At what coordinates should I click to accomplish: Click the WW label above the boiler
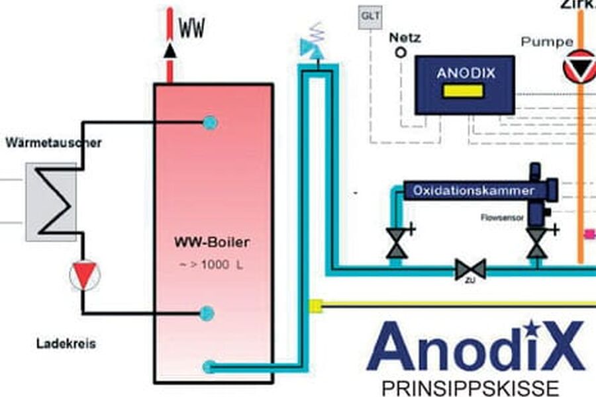[x=191, y=28]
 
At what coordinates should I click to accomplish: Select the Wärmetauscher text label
[x=53, y=142]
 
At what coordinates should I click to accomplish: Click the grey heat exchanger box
[x=51, y=201]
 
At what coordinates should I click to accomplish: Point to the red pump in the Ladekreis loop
[x=84, y=274]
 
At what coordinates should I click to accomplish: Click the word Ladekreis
[x=66, y=344]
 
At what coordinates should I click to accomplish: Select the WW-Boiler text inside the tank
[x=211, y=243]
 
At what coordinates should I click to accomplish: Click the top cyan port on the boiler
[x=210, y=122]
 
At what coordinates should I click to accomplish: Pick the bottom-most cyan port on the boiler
[x=209, y=366]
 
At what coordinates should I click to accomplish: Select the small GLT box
[x=369, y=17]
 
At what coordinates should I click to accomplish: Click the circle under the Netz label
[x=400, y=52]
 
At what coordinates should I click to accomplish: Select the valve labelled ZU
[x=470, y=269]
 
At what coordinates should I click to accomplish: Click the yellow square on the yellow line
[x=316, y=305]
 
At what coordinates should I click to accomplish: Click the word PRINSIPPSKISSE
[x=470, y=387]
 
